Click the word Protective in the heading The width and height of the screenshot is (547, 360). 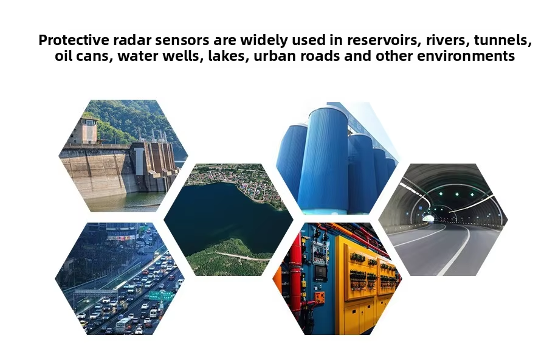[74, 40]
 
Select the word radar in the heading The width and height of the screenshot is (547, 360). [132, 40]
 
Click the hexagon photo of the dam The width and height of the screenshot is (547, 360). [123, 156]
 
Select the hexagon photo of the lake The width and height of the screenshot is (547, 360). [229, 220]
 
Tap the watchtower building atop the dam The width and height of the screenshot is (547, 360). [88, 130]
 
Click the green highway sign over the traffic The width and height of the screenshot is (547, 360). [160, 296]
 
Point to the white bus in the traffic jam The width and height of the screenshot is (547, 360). [124, 325]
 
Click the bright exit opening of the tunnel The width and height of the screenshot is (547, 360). [428, 218]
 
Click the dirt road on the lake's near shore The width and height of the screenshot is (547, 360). [241, 257]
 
